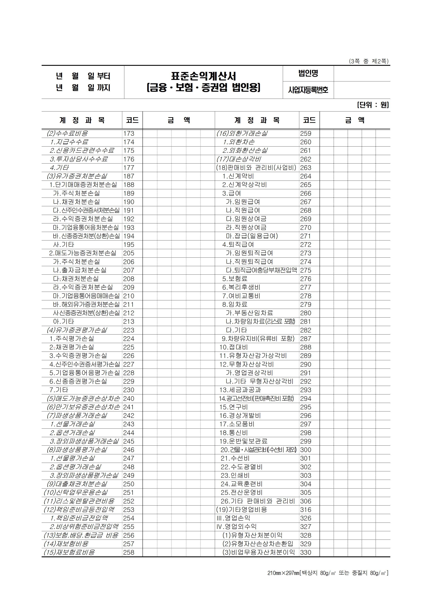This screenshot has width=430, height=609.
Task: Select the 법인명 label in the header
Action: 308,73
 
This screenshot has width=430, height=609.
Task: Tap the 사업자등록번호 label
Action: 308,90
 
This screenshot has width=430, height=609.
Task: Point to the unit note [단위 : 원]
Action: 373,105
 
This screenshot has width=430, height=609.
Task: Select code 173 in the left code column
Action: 129,134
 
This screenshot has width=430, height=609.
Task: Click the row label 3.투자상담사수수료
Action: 79,159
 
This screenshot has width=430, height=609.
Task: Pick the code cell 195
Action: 129,245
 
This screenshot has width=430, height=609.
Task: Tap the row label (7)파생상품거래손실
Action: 77,415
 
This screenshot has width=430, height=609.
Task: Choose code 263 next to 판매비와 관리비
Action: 306,168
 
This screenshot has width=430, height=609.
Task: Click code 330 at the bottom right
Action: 306,552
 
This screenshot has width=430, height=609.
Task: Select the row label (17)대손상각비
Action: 239,159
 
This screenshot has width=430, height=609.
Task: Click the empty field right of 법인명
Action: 362,73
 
